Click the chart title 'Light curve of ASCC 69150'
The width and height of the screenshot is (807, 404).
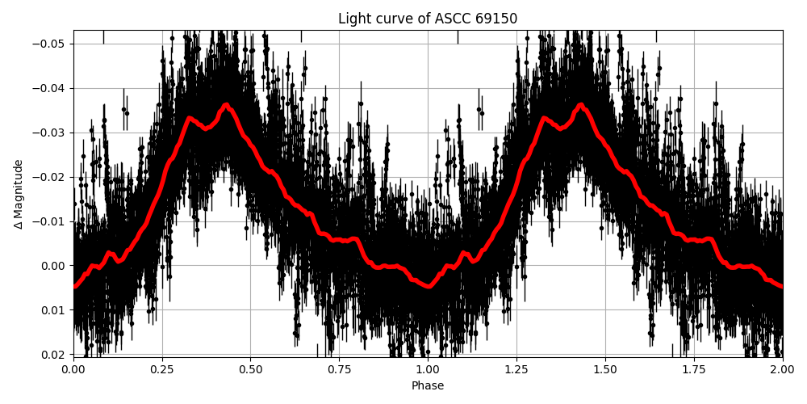(428, 19)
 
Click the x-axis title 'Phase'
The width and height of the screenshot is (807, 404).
(428, 386)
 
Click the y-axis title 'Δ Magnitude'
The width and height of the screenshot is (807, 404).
(19, 194)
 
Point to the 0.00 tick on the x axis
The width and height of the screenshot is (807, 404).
(73, 369)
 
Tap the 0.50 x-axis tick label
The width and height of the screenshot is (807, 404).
(251, 369)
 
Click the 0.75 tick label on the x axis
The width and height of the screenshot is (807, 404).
(339, 369)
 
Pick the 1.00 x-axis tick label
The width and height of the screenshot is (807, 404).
(428, 369)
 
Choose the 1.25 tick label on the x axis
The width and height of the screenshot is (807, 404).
(516, 369)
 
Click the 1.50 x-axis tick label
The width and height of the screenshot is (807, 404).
(605, 369)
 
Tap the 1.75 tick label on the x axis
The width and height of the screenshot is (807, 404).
(694, 369)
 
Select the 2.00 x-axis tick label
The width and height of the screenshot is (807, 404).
(782, 369)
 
